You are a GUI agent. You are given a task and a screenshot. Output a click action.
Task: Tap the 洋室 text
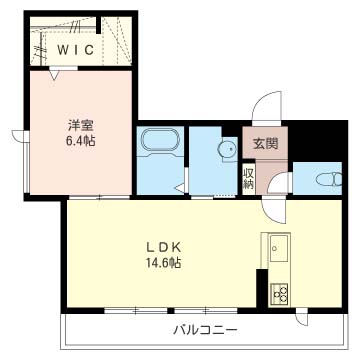[x=79, y=125]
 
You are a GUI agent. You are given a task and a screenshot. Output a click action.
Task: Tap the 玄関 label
[x=265, y=144]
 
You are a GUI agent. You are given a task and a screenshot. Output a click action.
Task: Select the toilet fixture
[x=326, y=179]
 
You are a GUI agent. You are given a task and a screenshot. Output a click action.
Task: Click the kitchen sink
[x=276, y=247]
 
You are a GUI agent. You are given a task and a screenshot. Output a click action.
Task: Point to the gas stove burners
[x=278, y=294]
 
